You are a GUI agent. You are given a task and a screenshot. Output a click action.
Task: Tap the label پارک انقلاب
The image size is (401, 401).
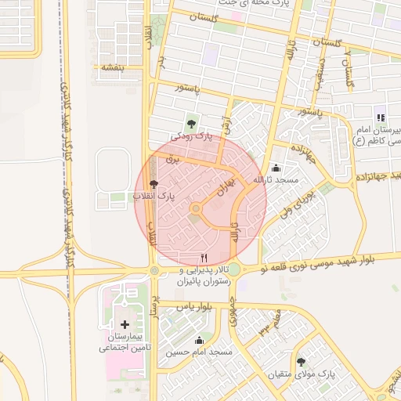click(x=154, y=196)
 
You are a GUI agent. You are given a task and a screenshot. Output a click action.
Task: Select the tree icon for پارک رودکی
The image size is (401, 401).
click(x=191, y=123)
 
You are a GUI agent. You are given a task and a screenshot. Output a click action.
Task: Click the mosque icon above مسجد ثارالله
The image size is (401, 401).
click(x=276, y=168)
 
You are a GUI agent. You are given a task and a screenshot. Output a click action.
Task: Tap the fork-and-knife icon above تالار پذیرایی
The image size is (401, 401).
click(x=204, y=257)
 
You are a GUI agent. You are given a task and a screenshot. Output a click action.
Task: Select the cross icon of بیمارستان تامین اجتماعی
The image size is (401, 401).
click(x=125, y=323)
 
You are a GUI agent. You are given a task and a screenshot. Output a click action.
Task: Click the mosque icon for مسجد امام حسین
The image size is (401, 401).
click(x=199, y=340)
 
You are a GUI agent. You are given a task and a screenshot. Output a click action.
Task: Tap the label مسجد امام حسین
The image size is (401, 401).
click(x=199, y=352)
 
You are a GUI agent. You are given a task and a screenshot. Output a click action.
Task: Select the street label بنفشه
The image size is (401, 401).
click(x=109, y=67)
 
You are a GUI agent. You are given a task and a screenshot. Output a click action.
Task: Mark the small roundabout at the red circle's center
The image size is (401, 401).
click(x=196, y=208)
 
